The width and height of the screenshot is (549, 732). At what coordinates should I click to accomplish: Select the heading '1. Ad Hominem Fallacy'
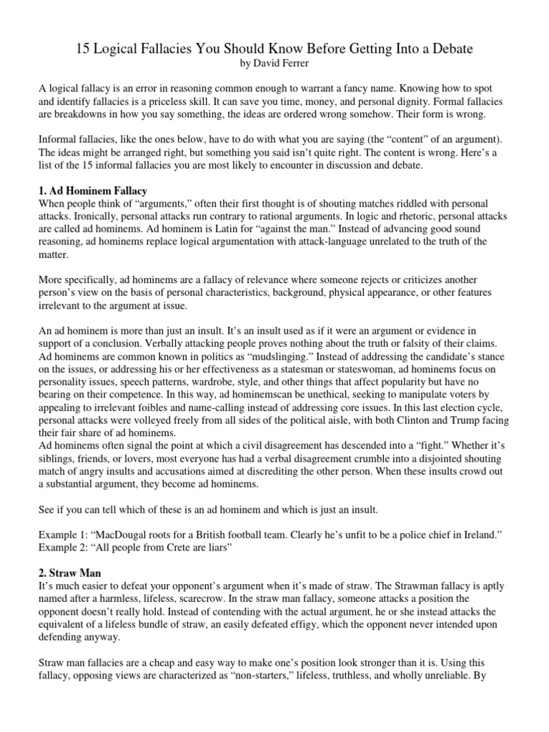click(92, 191)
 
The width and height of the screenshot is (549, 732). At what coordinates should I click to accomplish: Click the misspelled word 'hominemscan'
click(219, 396)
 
